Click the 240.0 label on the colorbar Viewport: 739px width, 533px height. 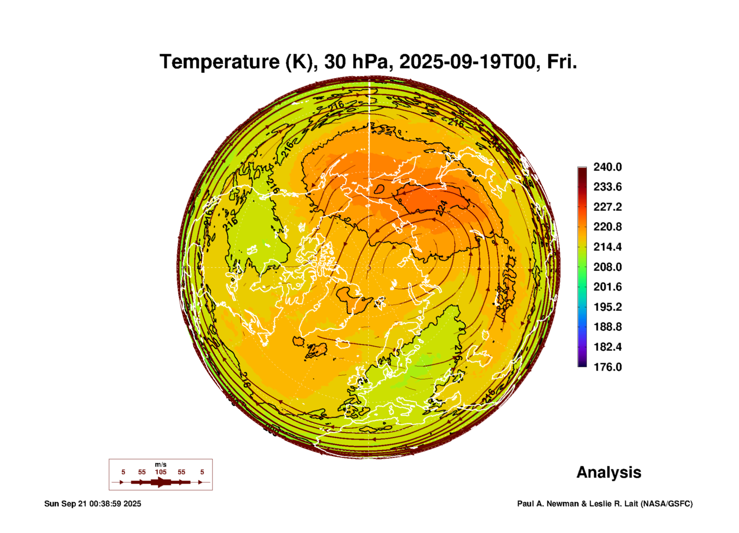pyautogui.click(x=607, y=167)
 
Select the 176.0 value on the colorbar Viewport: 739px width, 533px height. pyautogui.click(x=607, y=367)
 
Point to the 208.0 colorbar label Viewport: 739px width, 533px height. pyautogui.click(x=607, y=267)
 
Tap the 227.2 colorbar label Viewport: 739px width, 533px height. pyautogui.click(x=607, y=207)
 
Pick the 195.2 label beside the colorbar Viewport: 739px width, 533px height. pyautogui.click(x=607, y=307)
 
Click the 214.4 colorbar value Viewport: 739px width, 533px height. pyautogui.click(x=607, y=247)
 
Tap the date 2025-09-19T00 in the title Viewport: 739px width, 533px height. pyautogui.click(x=467, y=62)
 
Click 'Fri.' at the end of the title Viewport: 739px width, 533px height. pyautogui.click(x=562, y=62)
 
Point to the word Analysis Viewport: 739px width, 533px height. pyautogui.click(x=609, y=472)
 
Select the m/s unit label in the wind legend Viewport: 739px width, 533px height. pyautogui.click(x=160, y=464)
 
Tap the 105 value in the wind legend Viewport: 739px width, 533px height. pyautogui.click(x=160, y=472)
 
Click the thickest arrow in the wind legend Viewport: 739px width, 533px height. pyautogui.click(x=160, y=482)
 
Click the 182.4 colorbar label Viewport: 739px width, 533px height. pyautogui.click(x=607, y=347)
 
